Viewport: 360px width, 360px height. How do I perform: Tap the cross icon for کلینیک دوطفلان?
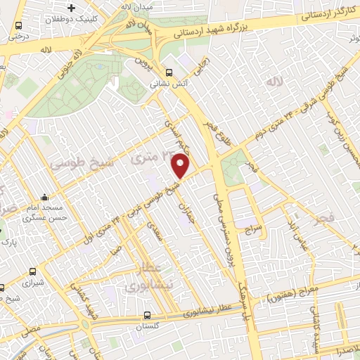click(x=72, y=8)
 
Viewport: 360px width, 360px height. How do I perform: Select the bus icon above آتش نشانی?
click(x=168, y=72)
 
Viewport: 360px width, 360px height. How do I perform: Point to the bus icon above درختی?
click(x=17, y=26)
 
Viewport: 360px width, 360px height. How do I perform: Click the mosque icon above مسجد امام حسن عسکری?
click(x=45, y=198)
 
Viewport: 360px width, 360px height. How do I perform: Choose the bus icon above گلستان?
click(x=147, y=315)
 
